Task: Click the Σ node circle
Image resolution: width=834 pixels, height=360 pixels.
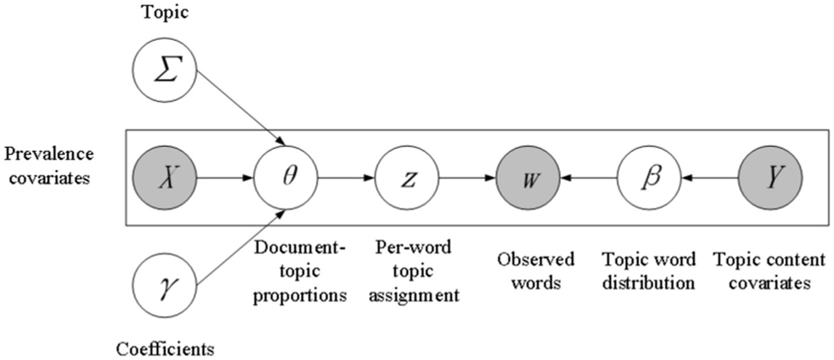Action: (165, 74)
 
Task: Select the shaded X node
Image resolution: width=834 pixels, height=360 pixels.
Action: (165, 176)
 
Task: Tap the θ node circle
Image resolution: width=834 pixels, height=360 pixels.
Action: (286, 176)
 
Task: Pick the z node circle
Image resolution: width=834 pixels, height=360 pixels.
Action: (407, 176)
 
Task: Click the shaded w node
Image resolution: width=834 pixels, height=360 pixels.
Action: (528, 176)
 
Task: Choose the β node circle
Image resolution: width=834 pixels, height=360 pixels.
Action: (649, 176)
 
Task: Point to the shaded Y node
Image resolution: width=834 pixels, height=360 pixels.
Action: (770, 176)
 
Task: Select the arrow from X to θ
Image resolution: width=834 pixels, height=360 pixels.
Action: (225, 176)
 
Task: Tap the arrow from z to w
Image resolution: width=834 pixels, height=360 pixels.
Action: (467, 176)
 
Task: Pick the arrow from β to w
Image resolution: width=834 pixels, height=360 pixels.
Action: (588, 176)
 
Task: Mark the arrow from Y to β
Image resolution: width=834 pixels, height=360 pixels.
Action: (709, 176)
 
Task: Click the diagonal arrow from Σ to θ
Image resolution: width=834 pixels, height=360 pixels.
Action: (241, 109)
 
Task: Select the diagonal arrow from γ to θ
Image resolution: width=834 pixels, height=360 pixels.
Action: (241, 247)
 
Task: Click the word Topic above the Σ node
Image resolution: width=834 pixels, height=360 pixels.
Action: (165, 13)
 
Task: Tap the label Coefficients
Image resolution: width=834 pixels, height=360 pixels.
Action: (165, 349)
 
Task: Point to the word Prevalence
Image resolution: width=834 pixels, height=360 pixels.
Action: (49, 154)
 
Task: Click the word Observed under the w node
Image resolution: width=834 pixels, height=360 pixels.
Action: (536, 259)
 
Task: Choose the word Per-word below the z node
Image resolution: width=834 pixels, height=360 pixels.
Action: (412, 247)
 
